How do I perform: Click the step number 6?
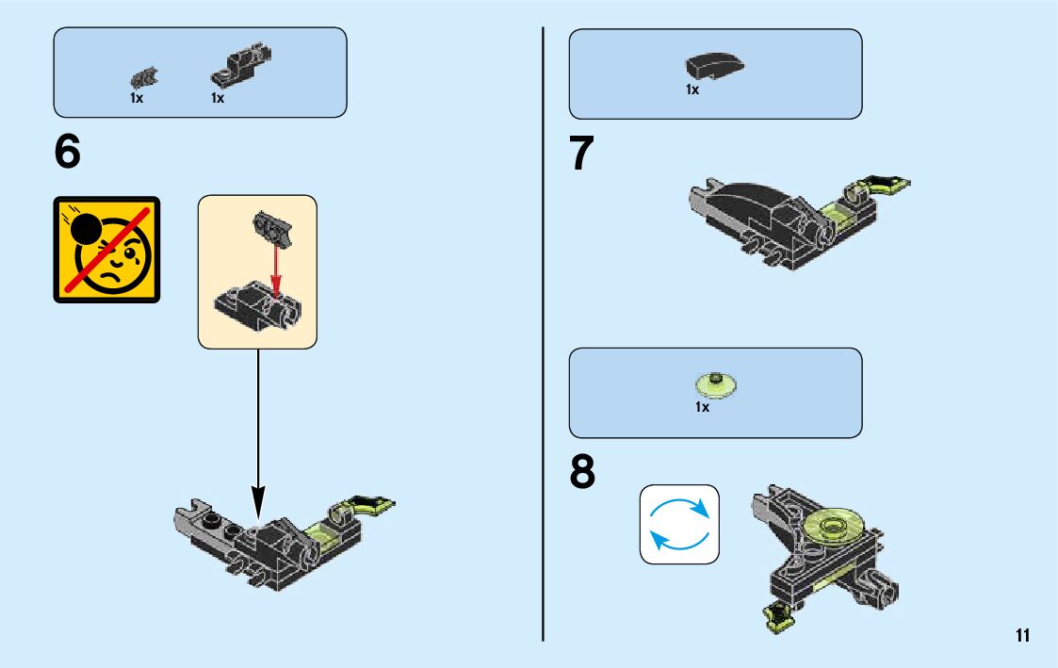[68, 152]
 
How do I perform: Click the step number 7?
[583, 154]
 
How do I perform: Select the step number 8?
[583, 473]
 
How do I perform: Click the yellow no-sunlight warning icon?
[106, 250]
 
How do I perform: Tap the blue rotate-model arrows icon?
[679, 525]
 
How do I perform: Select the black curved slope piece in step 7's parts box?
[714, 66]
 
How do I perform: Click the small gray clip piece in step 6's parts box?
[144, 77]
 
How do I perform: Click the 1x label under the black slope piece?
[692, 90]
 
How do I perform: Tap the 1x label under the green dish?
[702, 408]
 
